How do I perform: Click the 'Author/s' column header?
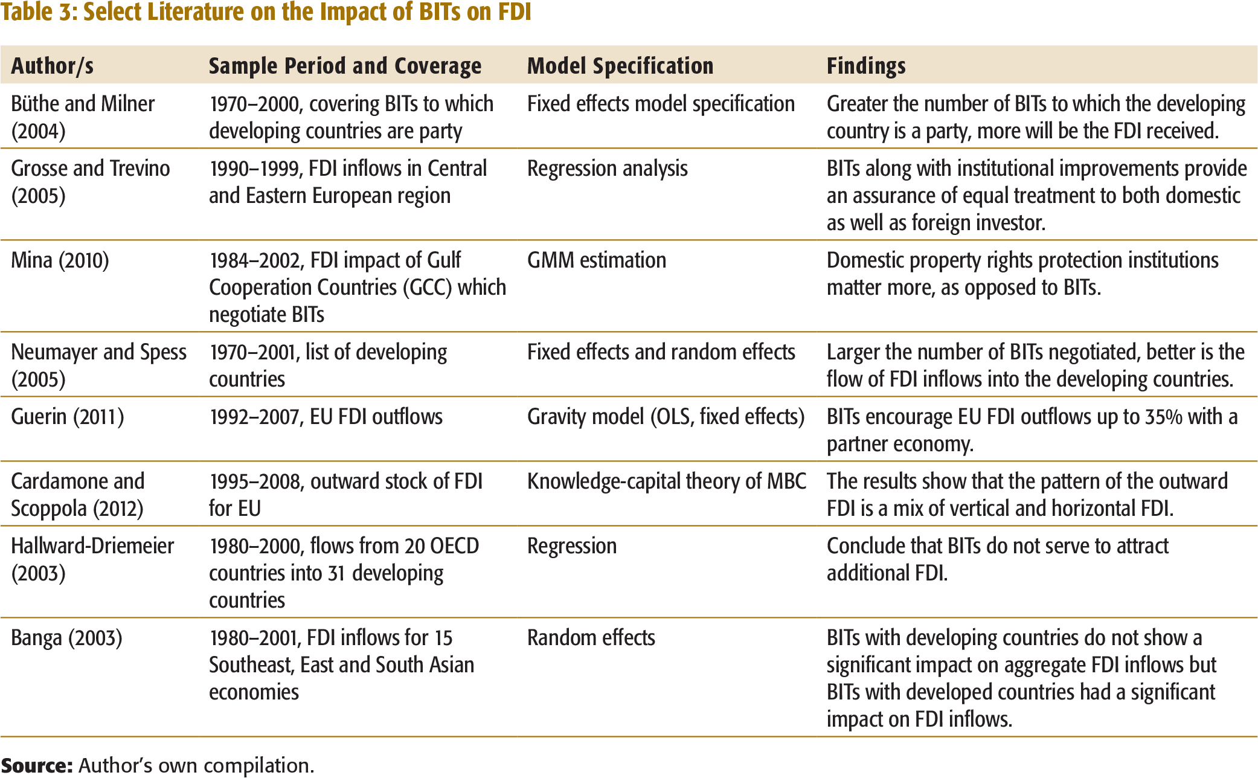click(53, 65)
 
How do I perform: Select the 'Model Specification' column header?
click(620, 65)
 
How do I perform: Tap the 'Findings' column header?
click(866, 65)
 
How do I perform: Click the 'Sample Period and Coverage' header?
click(345, 65)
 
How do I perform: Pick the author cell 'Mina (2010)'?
click(60, 260)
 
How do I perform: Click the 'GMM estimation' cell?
click(597, 260)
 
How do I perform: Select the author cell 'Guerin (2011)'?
click(68, 417)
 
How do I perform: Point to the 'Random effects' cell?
click(591, 638)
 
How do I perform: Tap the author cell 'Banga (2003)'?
click(66, 638)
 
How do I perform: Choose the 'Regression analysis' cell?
click(608, 169)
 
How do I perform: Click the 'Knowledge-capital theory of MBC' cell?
click(667, 481)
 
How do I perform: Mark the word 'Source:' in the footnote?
click(37, 765)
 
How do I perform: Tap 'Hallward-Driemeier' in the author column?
click(92, 546)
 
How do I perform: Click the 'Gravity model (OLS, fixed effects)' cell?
click(666, 417)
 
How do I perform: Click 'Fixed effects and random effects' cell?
click(661, 352)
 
